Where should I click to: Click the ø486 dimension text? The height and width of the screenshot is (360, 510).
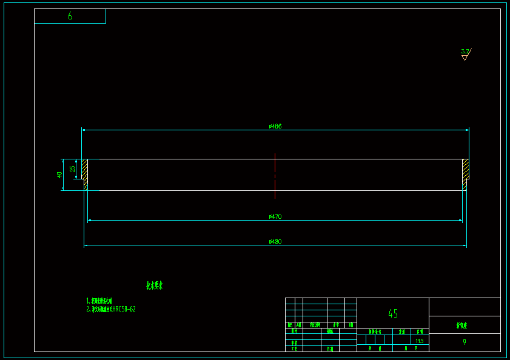(x=275, y=126)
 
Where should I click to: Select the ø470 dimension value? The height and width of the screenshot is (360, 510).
(x=275, y=216)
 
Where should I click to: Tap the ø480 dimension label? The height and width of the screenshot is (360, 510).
(x=275, y=241)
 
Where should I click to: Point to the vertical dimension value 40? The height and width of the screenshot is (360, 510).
(x=59, y=175)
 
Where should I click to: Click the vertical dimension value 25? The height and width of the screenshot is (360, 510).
(x=73, y=168)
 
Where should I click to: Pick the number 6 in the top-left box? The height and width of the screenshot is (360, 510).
(x=70, y=16)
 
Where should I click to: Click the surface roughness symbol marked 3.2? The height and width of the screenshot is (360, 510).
(x=465, y=54)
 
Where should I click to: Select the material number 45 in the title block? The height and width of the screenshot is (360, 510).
(x=393, y=313)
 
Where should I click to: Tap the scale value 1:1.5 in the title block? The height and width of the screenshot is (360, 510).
(x=420, y=341)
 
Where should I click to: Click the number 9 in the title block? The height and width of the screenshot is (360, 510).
(x=465, y=342)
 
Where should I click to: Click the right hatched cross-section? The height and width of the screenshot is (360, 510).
(x=465, y=172)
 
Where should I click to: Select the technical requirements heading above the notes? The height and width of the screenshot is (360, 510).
(x=154, y=285)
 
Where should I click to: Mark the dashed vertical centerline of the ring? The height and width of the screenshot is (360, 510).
(x=275, y=176)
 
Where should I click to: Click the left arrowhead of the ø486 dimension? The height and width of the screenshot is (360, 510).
(x=84, y=130)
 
